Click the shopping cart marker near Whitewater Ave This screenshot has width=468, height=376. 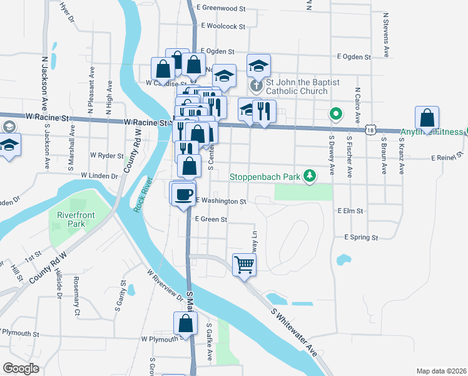point(244,264)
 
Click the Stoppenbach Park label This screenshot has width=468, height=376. point(265,177)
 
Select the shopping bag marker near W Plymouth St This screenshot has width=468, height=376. point(185,324)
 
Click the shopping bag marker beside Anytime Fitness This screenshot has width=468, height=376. point(427,118)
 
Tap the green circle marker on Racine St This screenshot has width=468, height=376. point(336,114)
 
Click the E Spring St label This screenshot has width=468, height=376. point(361,238)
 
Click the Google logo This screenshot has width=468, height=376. point(21,368)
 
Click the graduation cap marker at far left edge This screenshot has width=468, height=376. point(8,147)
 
